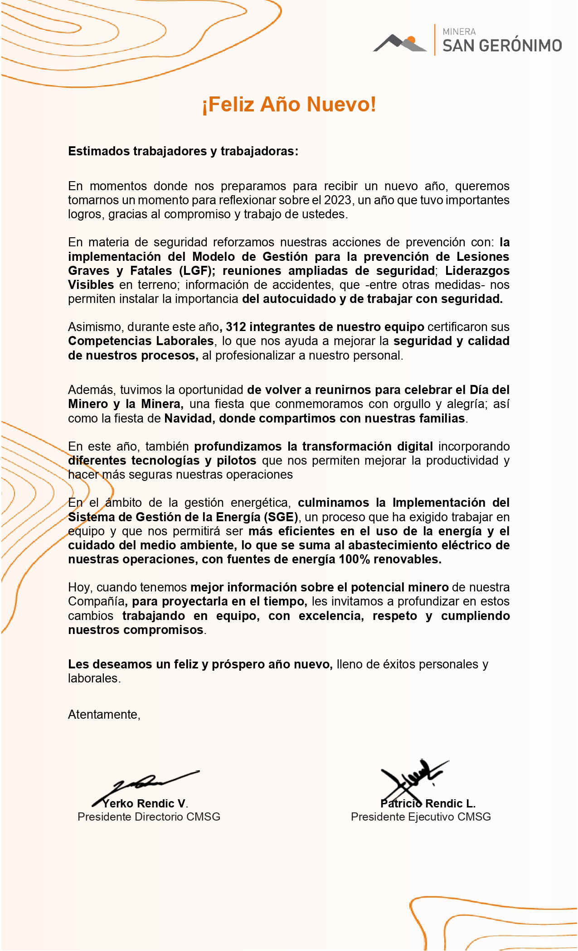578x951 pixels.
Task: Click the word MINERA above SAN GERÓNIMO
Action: (x=459, y=32)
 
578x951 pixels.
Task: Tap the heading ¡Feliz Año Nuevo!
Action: (x=289, y=104)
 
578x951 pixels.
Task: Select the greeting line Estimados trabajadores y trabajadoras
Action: (x=183, y=151)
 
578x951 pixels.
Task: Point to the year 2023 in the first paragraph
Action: (x=337, y=200)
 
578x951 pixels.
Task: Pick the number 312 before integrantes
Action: (x=236, y=327)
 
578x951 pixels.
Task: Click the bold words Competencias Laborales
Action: (x=141, y=341)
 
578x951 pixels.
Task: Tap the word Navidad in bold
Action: (x=188, y=418)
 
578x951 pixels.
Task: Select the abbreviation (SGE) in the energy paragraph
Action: (x=281, y=517)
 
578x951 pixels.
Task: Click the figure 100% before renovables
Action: (x=355, y=559)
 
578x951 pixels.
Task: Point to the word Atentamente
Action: (x=104, y=715)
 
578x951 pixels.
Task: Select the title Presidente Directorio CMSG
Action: (x=149, y=817)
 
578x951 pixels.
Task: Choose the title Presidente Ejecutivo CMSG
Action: (x=421, y=817)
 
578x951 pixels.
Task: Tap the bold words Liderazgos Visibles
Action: (x=477, y=271)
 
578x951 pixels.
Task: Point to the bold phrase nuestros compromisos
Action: (x=136, y=630)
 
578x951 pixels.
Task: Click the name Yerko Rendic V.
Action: (x=145, y=804)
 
